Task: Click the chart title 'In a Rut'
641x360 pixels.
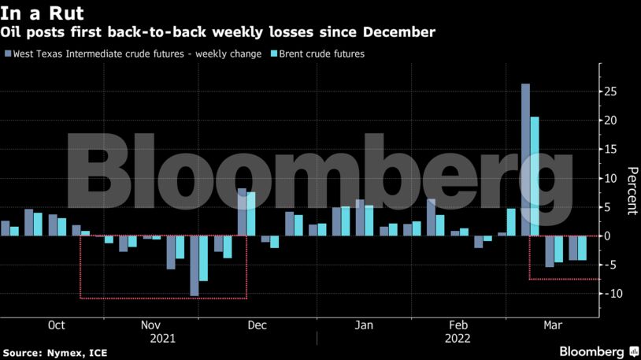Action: pyautogui.click(x=43, y=14)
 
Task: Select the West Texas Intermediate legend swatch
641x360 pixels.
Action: pyautogui.click(x=7, y=54)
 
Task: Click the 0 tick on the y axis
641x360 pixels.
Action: pyautogui.click(x=607, y=236)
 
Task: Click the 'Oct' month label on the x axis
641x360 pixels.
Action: pyautogui.click(x=56, y=325)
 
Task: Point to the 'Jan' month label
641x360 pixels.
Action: pyautogui.click(x=363, y=325)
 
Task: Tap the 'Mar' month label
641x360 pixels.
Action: pyautogui.click(x=553, y=325)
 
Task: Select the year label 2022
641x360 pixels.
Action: pyautogui.click(x=458, y=339)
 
